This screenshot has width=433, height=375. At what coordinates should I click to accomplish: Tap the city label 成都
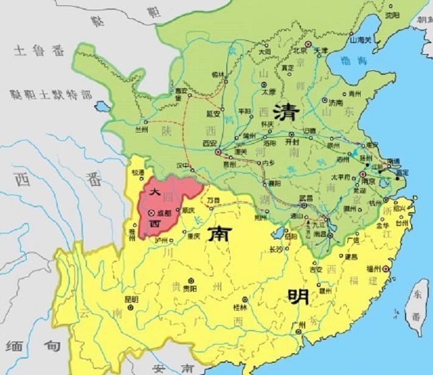164,214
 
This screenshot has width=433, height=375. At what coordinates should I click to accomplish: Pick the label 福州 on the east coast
371,269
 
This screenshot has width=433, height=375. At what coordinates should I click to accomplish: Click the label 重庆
193,236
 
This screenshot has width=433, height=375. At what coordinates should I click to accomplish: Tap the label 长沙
277,249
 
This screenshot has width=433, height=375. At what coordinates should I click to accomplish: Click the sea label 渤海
355,61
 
